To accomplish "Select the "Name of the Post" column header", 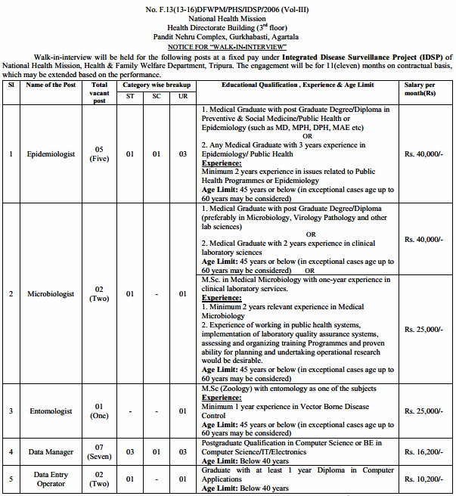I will pyautogui.click(x=49, y=85).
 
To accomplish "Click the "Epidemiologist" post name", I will pyautogui.click(x=51, y=153).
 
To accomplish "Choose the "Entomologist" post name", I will pyautogui.click(x=51, y=411).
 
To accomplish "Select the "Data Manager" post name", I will pyautogui.click(x=51, y=451).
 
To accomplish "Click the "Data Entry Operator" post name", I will pyautogui.click(x=51, y=479).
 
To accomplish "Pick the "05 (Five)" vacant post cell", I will pyautogui.click(x=99, y=153).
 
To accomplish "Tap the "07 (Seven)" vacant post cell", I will pyautogui.click(x=99, y=451).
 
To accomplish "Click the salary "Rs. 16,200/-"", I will pyautogui.click(x=423, y=451).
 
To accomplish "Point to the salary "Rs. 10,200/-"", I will pyautogui.click(x=423, y=479).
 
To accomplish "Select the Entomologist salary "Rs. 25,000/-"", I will pyautogui.click(x=423, y=411).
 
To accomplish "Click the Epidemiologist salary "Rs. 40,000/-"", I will pyautogui.click(x=423, y=153).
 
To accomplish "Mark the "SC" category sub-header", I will pyautogui.click(x=157, y=96).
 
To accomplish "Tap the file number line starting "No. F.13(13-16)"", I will pyautogui.click(x=228, y=7).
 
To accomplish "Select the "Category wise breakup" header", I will pyautogui.click(x=157, y=85).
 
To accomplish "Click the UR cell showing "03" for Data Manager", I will pyautogui.click(x=182, y=451).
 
